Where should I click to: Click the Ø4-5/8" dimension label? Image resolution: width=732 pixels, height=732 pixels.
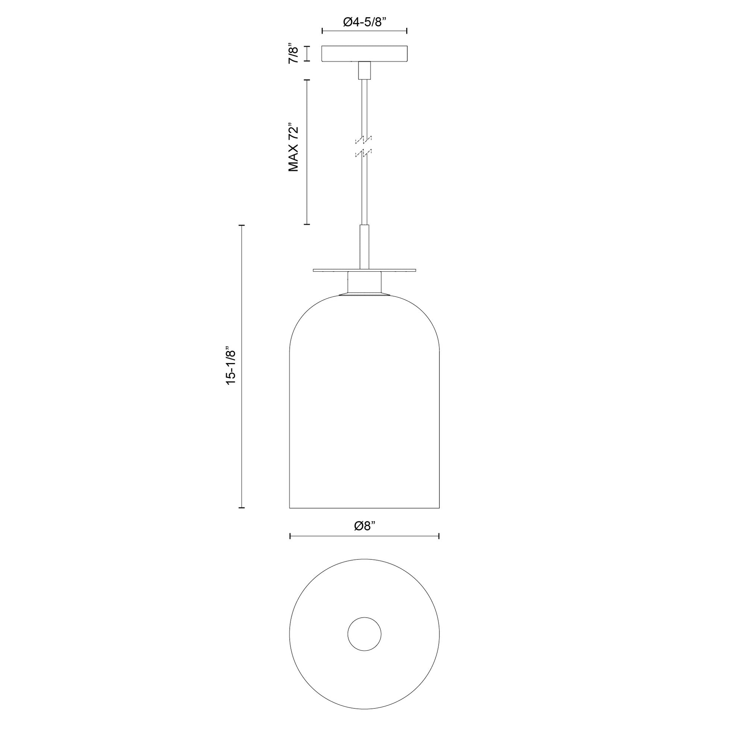pos(364,22)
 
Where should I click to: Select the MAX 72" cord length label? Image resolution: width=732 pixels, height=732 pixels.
pos(294,147)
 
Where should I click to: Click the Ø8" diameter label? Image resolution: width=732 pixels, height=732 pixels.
pos(364,526)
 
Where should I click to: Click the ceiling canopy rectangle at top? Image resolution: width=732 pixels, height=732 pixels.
pos(364,53)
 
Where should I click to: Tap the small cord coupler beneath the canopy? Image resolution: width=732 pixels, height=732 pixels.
pos(364,70)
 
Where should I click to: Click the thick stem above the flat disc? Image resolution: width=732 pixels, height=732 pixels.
pos(364,246)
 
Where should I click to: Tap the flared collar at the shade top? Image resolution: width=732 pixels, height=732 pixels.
pos(364,295)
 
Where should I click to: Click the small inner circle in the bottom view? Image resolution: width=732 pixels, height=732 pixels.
pos(364,634)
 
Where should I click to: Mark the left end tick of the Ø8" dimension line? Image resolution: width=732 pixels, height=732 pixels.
pos(290,536)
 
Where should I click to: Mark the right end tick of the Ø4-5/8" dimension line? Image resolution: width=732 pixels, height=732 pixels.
pos(407,31)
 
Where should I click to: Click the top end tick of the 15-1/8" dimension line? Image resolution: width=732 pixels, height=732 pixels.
pos(241,225)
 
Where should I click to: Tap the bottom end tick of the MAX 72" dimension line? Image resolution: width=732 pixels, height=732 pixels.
pos(307,224)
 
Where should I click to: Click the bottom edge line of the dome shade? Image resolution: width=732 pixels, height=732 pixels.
pos(364,508)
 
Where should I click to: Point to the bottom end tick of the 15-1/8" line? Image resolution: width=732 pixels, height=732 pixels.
pos(241,507)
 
